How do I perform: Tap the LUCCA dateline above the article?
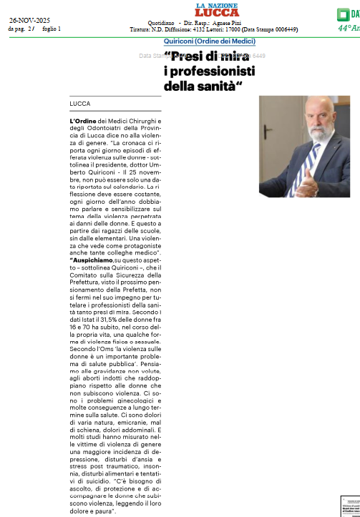[80, 104]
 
